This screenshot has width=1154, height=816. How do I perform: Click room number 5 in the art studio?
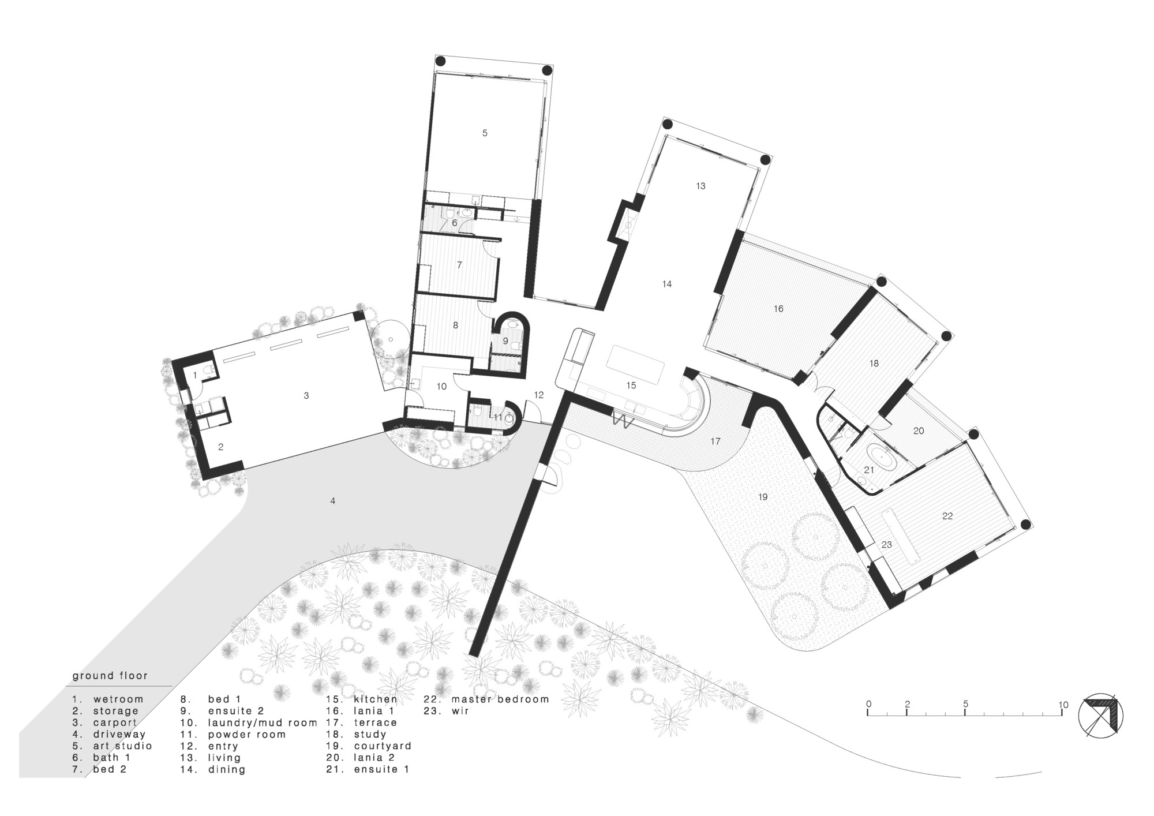[485, 133]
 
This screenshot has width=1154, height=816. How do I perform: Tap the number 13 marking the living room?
[700, 186]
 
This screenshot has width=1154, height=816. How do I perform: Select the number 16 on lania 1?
[778, 309]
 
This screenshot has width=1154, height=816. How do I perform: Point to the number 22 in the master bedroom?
[947, 516]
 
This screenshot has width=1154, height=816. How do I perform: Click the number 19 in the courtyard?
[763, 497]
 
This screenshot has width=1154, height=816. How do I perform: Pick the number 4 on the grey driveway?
[333, 501]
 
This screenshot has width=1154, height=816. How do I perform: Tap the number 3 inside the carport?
[306, 396]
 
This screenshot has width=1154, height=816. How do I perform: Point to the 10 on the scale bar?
[1063, 705]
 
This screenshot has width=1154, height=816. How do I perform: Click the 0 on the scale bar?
[868, 705]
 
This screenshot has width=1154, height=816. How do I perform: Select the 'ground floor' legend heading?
[110, 676]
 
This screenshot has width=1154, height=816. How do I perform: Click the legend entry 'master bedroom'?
[500, 699]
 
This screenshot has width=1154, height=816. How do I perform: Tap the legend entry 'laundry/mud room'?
[263, 723]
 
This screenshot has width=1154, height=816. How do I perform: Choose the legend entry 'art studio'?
[122, 746]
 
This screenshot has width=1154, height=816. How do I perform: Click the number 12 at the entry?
[539, 395]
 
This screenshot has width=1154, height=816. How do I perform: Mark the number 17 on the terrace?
[715, 441]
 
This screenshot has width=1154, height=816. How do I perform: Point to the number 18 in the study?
[874, 364]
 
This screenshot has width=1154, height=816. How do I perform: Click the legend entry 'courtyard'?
[382, 746]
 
